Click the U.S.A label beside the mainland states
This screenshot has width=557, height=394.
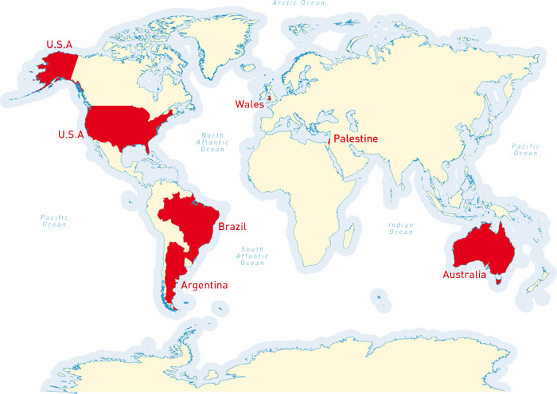pos(70,135)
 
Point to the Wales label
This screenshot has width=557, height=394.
pos(249,103)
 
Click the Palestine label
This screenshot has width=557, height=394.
pos(355,139)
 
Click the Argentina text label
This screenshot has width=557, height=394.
pos(204,285)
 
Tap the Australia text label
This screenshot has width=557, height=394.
pos(464,275)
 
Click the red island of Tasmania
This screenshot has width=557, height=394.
pos(497,279)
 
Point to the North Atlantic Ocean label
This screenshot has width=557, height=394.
pos(212,142)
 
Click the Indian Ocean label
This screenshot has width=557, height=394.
pos(400,228)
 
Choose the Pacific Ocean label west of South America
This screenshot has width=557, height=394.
pos(54,220)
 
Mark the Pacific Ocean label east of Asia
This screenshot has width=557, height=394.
pos(525,150)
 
